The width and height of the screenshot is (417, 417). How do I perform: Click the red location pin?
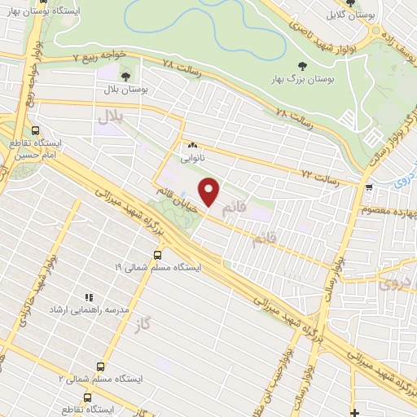(210, 191)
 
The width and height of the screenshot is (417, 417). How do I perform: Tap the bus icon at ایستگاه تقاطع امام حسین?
(35, 130)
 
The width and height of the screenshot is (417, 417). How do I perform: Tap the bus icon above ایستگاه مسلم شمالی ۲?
(100, 367)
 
